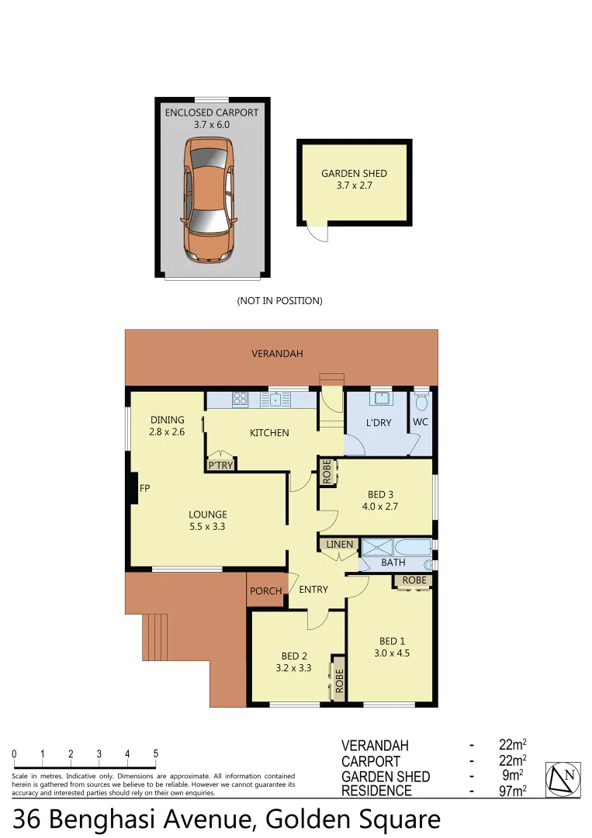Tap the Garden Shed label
354,174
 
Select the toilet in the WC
421,403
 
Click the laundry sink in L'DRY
380,399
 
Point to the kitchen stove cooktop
241,400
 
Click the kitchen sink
275,400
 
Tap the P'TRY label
220,466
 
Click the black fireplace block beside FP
133,489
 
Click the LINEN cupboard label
339,545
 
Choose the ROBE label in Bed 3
327,473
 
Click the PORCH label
266,591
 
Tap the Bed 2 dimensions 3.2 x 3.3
293,667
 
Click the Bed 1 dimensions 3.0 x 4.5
392,653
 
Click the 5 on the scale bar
155,753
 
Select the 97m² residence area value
513,791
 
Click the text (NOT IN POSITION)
279,300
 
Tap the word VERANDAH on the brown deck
277,354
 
